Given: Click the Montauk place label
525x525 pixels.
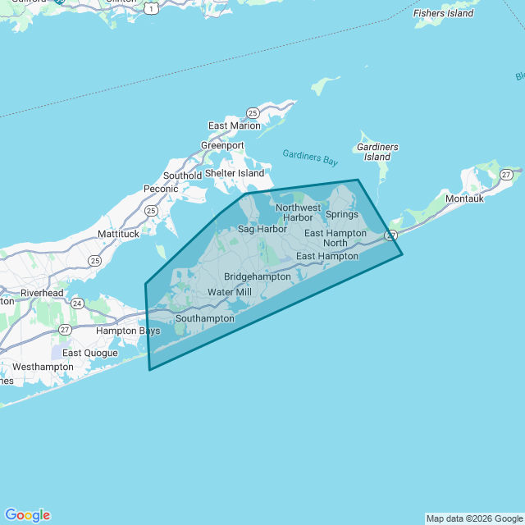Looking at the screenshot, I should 465,199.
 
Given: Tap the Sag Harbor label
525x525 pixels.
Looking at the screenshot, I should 262,229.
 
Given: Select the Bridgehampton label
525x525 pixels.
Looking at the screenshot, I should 258,276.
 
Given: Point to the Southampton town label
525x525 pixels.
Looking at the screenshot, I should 205,318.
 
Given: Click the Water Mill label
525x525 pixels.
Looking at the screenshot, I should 230,292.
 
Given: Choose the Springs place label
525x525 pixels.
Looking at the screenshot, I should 342,215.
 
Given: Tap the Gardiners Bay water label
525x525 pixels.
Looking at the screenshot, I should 310,156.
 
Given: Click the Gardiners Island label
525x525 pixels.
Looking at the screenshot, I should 377,152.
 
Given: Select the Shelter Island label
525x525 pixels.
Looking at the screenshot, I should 235,173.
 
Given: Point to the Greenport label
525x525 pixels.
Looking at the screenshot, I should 222,145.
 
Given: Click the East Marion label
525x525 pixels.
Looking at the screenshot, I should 234,126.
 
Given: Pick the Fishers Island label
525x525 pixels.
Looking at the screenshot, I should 444,13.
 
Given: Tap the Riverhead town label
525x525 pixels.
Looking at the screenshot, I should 42,293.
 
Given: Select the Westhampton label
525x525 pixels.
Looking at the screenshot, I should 43,367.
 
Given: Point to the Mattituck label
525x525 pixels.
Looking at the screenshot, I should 118,234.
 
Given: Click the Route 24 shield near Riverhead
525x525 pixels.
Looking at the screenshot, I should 77,303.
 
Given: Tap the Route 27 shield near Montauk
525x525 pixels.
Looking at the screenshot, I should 507,174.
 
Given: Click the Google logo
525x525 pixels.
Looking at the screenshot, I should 27,515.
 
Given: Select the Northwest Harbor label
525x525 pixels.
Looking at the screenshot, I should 298,212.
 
